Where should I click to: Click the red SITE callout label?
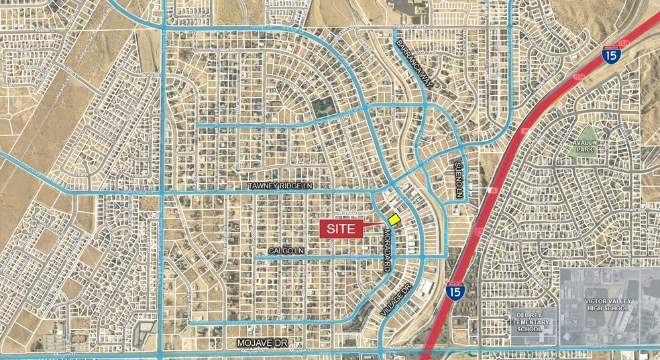pos(341,229)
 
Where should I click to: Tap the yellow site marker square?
pos(394,219)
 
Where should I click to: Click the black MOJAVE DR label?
pos(262,343)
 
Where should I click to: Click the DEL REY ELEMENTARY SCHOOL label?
pos(534,321)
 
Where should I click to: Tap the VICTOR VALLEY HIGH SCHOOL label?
pos(605,304)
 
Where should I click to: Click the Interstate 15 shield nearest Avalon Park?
pos(610,54)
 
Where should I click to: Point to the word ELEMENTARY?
pos(534,321)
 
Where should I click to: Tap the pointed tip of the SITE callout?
pos(384,223)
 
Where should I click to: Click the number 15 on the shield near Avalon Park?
pos(610,56)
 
